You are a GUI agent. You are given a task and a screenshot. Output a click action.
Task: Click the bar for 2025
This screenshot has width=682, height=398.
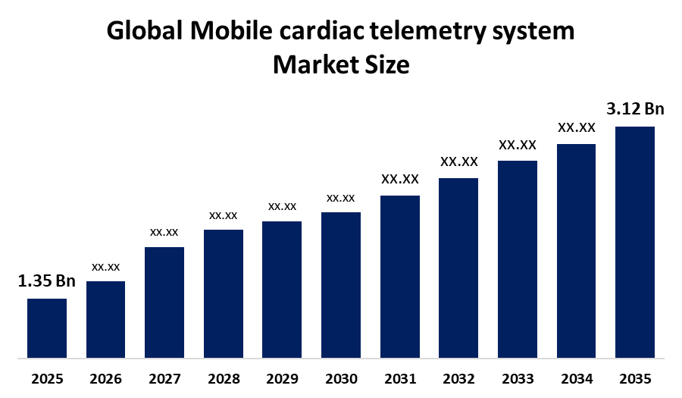[x=47, y=328]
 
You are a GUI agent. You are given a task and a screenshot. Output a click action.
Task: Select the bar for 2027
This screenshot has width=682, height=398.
[x=164, y=302]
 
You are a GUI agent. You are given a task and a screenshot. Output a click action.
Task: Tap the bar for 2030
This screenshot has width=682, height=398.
[x=341, y=285]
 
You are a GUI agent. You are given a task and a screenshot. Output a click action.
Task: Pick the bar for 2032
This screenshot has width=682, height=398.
[x=458, y=268]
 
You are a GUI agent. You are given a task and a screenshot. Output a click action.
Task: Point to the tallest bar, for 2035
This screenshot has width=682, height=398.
[x=635, y=243]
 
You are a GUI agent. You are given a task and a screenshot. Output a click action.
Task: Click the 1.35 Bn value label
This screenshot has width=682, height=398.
[x=46, y=281]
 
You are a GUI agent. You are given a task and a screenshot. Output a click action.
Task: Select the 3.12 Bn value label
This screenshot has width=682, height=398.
[x=636, y=108]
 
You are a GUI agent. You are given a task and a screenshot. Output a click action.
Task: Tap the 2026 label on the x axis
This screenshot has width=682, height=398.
[x=105, y=379]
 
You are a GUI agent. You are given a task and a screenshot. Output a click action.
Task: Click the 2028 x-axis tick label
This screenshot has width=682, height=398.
[x=224, y=379]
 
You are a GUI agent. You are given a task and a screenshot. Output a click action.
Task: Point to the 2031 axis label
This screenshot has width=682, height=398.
[x=400, y=379]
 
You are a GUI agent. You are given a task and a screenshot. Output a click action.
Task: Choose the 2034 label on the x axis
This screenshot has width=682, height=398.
[x=577, y=379]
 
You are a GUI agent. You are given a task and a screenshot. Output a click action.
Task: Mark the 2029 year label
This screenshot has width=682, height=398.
[x=283, y=379]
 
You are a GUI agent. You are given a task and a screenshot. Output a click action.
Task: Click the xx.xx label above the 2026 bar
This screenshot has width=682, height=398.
[x=105, y=267]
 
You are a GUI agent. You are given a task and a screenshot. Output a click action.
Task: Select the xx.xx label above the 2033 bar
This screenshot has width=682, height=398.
[x=518, y=145]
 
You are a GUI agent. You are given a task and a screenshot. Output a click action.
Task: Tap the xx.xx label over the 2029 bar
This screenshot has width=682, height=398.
[x=283, y=207]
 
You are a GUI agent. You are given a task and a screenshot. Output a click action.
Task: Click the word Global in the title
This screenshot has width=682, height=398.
[x=145, y=31]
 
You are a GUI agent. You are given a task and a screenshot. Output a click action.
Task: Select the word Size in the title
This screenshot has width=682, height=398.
[x=387, y=64]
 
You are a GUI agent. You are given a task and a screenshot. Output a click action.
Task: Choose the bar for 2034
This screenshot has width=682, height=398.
[x=577, y=251]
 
